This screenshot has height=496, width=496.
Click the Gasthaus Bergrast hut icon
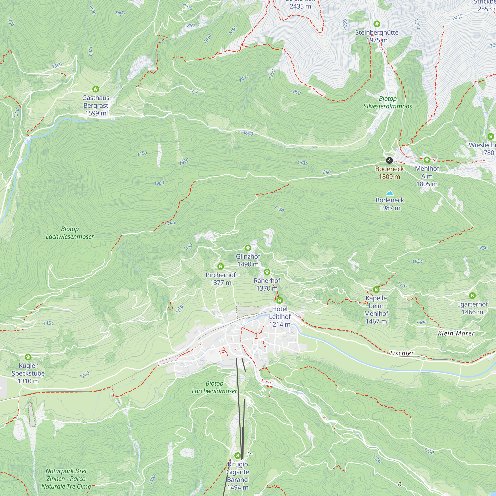coord(95,89)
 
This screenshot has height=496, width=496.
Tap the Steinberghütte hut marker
coord(377,24)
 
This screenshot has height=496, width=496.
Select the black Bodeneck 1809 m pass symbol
coord(389,160)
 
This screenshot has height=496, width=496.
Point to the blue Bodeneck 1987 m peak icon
coord(389,193)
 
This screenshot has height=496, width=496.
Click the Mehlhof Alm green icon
coord(427,160)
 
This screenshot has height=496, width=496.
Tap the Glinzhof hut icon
coord(248,248)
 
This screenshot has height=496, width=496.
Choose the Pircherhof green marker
coord(220,266)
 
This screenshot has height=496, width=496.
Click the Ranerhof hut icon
coord(267,272)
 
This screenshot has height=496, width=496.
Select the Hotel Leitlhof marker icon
coord(279,300)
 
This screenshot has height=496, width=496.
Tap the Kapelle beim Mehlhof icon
coord(376,290)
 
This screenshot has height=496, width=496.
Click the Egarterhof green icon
coord(472,296)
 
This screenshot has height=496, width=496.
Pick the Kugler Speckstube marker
coord(28,357)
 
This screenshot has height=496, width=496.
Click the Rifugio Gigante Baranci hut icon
coord(238,456)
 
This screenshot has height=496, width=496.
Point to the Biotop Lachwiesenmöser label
coord(70,233)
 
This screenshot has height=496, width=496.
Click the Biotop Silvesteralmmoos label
coord(387,102)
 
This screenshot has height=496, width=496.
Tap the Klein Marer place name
coord(456,334)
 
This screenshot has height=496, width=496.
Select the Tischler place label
coord(402,353)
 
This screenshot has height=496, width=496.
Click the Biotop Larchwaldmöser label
coord(215,387)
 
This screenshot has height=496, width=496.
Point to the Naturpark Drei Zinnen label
coord(66,479)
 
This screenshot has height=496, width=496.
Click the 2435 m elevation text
coord(300,6)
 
